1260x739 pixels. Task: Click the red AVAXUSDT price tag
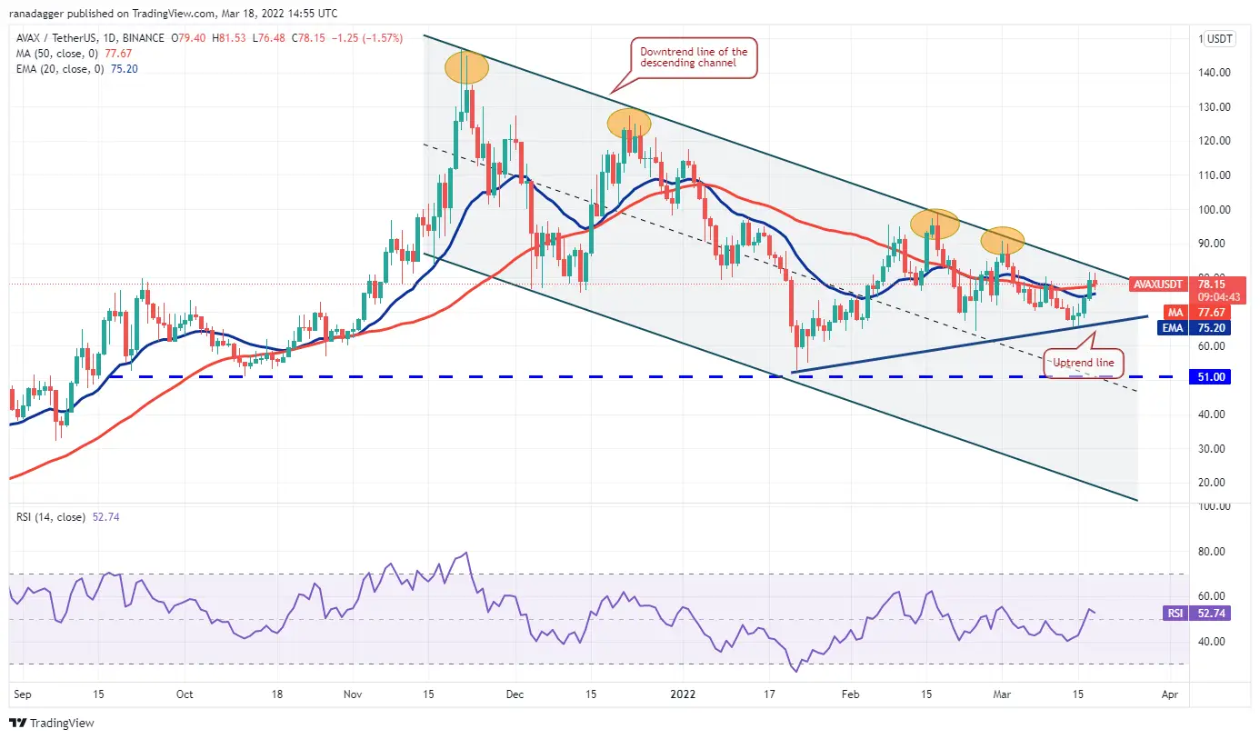tap(1159, 285)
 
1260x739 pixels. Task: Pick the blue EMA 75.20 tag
tap(1173, 327)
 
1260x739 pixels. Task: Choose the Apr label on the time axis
tap(1170, 693)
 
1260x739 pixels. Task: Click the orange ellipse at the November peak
tap(465, 68)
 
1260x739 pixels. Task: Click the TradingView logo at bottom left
tap(52, 724)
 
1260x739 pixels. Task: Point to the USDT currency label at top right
tap(1219, 39)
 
